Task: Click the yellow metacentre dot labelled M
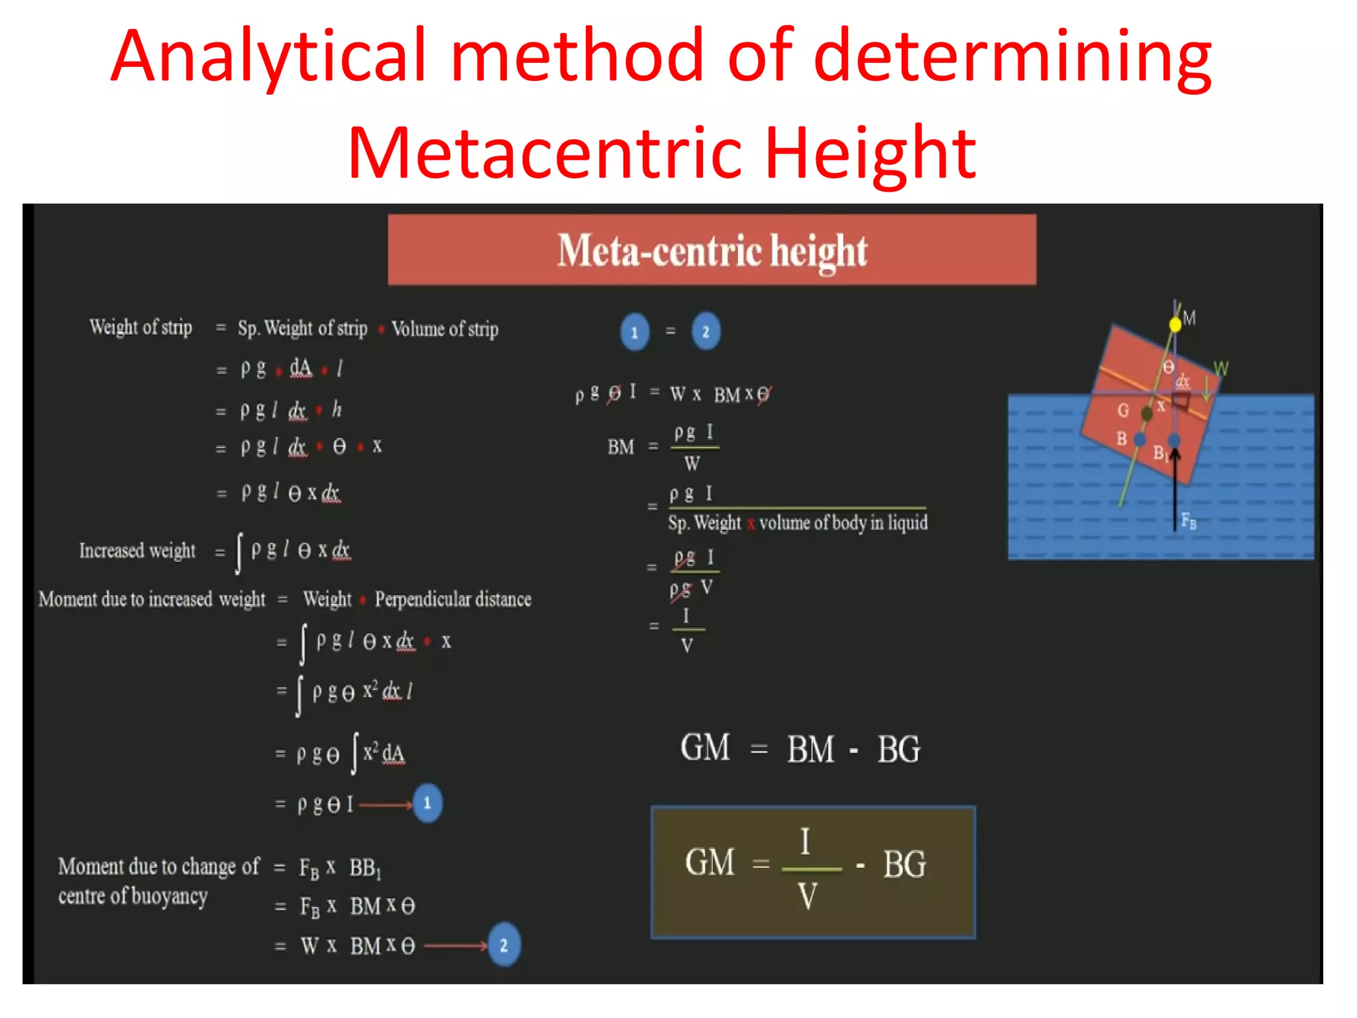coord(1175,324)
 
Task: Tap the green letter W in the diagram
coord(1221,368)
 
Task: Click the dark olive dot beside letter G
coord(1147,414)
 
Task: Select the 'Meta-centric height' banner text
coord(712,251)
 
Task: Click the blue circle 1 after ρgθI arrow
coord(427,803)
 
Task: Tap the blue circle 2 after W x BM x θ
coord(504,944)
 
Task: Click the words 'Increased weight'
coord(137,550)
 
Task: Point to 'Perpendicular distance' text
coord(453,599)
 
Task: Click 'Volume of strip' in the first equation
coord(445,329)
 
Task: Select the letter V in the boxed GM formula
coord(807,897)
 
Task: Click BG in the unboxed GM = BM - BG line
coord(898,750)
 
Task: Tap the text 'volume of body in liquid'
coord(843,523)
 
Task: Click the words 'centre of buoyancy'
coord(133,896)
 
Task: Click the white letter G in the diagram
coord(1122,410)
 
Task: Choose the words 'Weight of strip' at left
coord(141,327)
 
